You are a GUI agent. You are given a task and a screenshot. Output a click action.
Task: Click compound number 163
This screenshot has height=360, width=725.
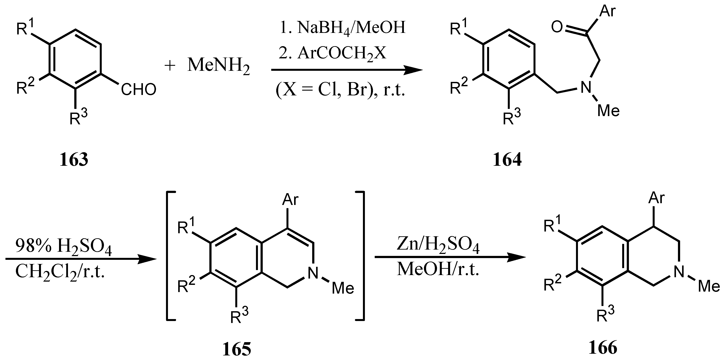point(74,160)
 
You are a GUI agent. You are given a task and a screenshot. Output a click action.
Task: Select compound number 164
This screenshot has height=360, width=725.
point(507,160)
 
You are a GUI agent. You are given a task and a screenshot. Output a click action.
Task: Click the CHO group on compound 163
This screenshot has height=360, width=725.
point(139,90)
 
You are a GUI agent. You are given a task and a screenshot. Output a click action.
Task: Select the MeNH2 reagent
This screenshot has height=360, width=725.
point(219,65)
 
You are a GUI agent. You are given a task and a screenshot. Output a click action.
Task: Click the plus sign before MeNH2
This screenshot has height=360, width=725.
point(170,66)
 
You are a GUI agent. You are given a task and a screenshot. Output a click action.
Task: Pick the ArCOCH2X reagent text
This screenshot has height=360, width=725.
point(333,53)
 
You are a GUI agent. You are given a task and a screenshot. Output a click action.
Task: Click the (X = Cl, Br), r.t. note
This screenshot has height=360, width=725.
point(340,90)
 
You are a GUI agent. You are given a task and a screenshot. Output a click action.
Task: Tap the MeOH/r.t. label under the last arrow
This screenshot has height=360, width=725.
point(438,269)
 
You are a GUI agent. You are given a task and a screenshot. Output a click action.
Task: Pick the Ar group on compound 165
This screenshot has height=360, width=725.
point(290,199)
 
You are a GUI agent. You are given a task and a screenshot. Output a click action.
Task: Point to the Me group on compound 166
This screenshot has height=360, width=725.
point(709,286)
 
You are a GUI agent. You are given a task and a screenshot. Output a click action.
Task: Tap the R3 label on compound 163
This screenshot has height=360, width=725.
point(78,117)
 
